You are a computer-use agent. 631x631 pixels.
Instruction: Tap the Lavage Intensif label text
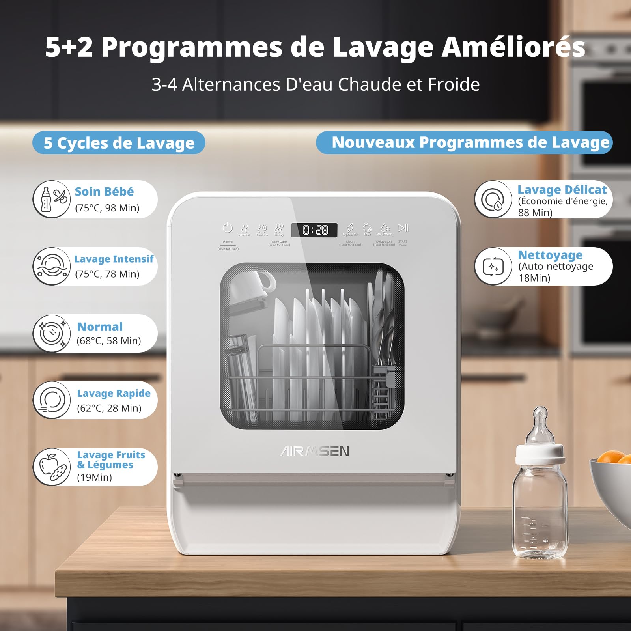click(114, 259)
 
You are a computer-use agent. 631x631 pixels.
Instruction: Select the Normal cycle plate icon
click(52, 334)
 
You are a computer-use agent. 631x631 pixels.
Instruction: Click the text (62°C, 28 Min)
click(109, 408)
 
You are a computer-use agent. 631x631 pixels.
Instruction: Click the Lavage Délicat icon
click(493, 200)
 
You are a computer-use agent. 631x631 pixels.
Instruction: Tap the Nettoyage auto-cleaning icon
click(493, 267)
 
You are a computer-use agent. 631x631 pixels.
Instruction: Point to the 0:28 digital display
click(315, 230)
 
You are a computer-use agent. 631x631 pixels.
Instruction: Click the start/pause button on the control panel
click(403, 228)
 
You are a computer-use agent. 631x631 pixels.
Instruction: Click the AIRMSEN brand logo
click(315, 451)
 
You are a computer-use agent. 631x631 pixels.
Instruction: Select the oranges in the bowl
click(613, 457)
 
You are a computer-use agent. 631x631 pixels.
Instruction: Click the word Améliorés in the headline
click(513, 47)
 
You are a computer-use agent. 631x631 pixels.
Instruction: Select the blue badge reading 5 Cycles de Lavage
click(119, 143)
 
